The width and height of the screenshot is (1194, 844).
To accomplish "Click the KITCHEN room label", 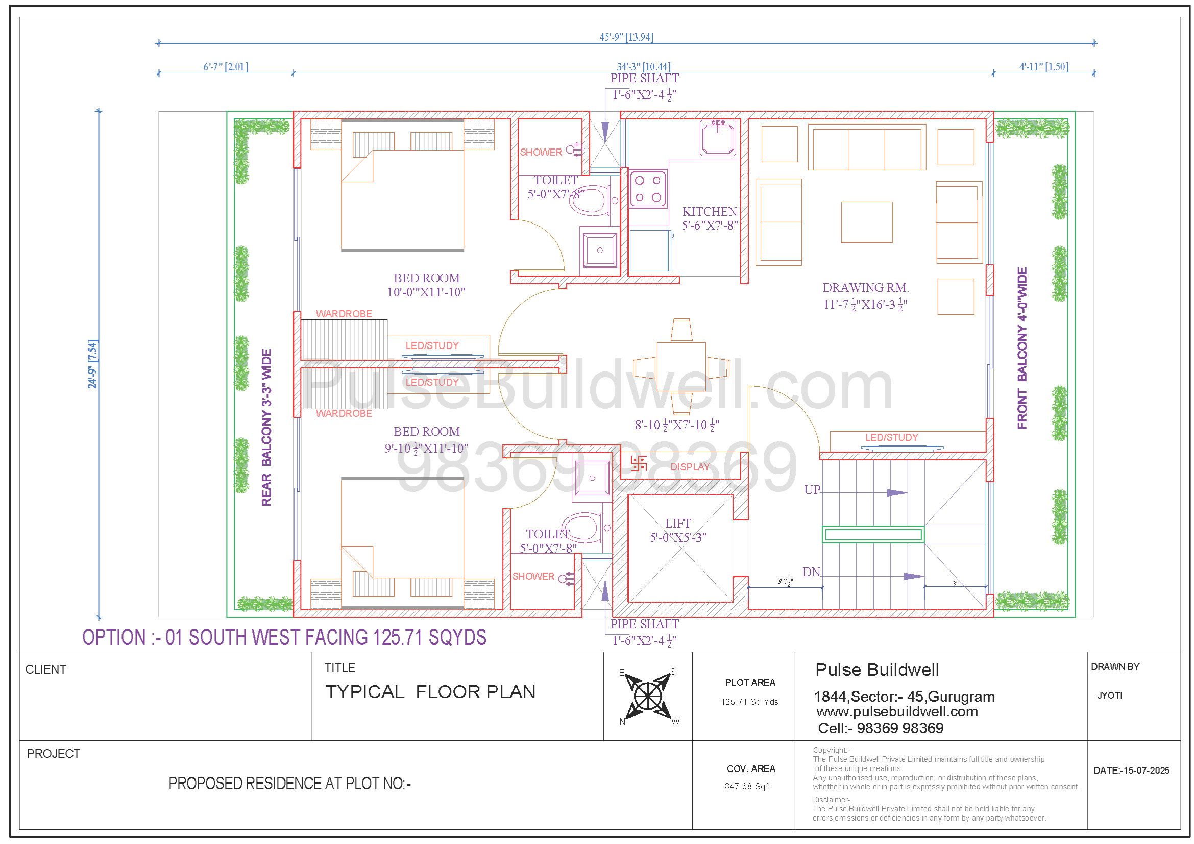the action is [710, 212].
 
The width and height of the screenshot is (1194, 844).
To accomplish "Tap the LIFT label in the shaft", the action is [677, 524].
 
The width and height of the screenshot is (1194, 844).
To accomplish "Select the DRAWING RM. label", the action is [865, 287].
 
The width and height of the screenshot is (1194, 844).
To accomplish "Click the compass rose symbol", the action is [648, 696].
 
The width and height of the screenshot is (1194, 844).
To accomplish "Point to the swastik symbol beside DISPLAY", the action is [638, 463].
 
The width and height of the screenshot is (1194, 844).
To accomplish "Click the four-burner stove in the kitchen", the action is [648, 189].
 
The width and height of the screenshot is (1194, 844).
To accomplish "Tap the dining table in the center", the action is [681, 367].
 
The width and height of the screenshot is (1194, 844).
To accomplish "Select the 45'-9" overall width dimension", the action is [626, 37].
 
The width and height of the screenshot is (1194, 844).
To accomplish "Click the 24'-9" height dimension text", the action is [93, 364].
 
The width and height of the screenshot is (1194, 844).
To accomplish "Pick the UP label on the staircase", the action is [812, 489].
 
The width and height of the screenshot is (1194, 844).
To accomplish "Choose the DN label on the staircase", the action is [811, 572].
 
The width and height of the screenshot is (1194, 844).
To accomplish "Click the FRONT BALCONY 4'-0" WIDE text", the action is [1022, 348].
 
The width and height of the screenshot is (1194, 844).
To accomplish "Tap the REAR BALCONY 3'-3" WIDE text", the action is [266, 427].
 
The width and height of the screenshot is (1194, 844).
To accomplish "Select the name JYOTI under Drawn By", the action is [1110, 696].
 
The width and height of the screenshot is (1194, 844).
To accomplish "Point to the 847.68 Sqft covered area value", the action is [747, 786].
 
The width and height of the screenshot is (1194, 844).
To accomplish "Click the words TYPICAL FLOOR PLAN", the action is [430, 692].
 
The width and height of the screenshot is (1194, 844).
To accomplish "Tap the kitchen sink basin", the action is [718, 138].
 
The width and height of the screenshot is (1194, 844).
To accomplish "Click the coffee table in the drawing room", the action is [867, 222].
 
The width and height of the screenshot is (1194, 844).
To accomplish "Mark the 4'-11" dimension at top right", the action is [1044, 66].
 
